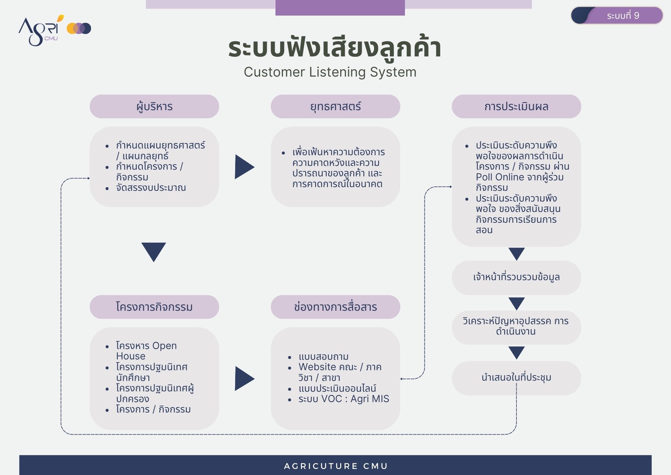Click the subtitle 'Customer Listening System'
(x=330, y=72)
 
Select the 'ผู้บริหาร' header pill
(x=154, y=106)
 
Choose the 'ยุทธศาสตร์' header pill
(x=335, y=106)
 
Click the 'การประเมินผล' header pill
(x=516, y=106)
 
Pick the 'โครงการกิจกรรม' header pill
(x=154, y=307)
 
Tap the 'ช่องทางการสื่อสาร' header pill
(x=335, y=307)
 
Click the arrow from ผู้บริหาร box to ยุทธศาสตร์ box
(x=244, y=167)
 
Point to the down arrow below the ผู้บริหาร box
(x=154, y=252)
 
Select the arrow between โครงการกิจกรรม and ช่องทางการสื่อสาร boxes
(x=244, y=379)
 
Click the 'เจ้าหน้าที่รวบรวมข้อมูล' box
(x=516, y=278)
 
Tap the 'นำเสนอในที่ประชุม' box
(x=516, y=378)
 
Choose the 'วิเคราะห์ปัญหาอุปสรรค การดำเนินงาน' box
(x=516, y=328)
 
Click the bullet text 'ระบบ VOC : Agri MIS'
(x=344, y=399)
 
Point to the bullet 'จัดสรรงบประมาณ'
(x=151, y=187)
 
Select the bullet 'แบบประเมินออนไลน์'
(x=337, y=388)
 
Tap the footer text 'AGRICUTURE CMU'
(x=336, y=466)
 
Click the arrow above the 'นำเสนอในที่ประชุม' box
(x=516, y=353)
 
